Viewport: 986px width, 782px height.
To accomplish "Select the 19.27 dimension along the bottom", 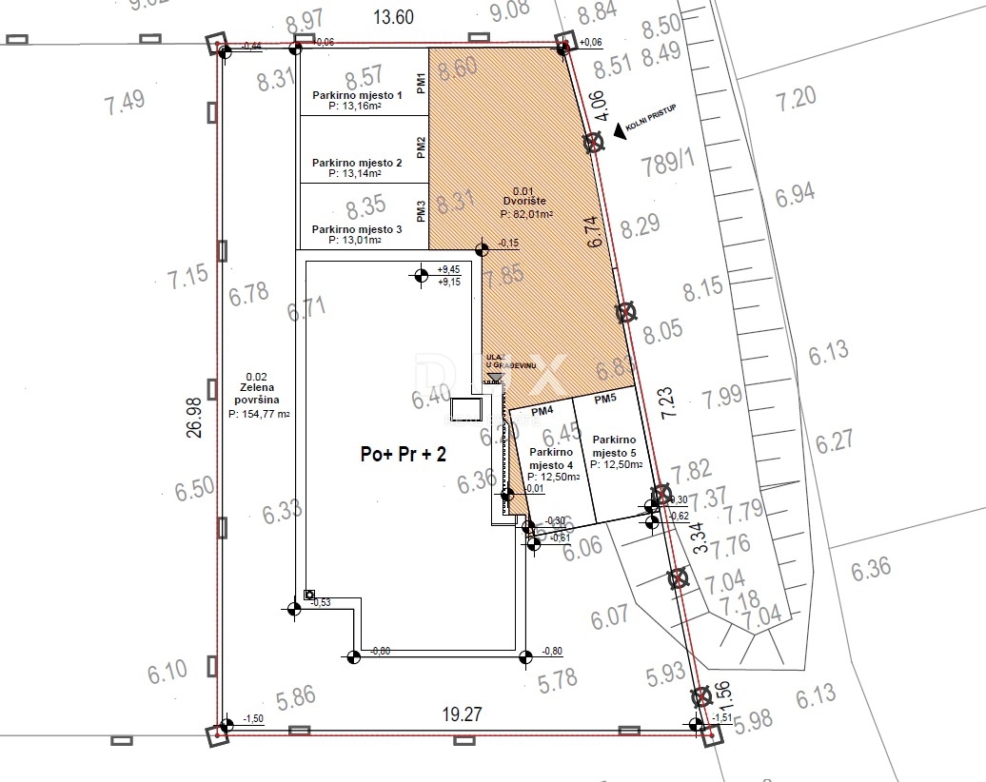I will (x=462, y=714).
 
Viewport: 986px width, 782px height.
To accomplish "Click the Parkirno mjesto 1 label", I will (x=358, y=96).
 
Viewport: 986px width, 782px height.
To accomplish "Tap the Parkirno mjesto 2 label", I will (x=358, y=164).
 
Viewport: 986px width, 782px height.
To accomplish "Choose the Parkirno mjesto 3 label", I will (x=358, y=229).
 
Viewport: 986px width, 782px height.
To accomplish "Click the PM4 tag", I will (x=542, y=412).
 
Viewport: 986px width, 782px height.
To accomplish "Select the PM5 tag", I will (x=605, y=400).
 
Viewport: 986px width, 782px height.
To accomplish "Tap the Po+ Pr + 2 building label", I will (x=403, y=455).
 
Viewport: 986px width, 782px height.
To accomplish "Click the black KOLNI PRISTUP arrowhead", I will (x=620, y=131).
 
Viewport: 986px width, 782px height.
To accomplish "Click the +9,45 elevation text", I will (x=449, y=269).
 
